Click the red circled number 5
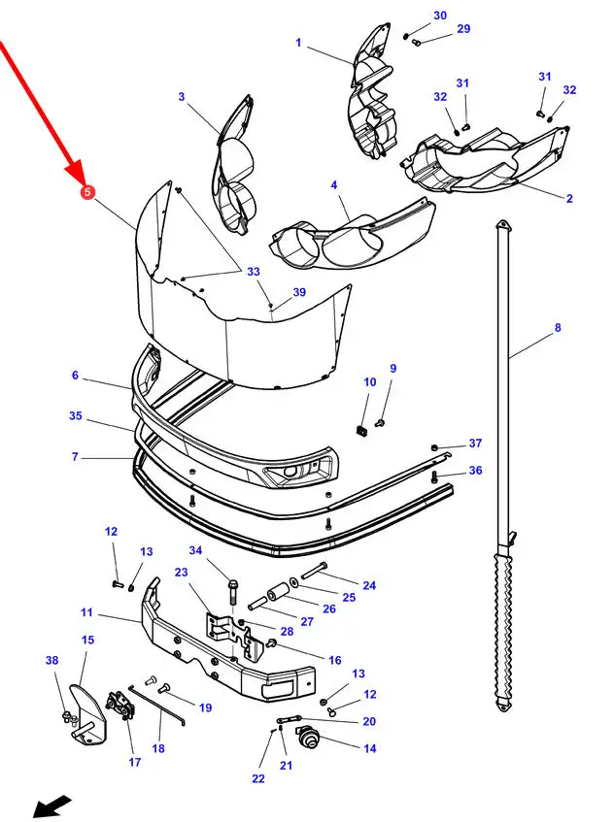point(87,192)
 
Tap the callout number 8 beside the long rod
point(558,328)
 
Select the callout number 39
point(299,292)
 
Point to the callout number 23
point(181,572)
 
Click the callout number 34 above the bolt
point(195,550)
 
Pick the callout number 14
point(370,748)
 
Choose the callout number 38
point(51,660)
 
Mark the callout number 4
point(334,185)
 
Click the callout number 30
point(440,16)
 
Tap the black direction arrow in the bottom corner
point(52,806)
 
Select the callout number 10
point(370,382)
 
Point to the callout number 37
point(475,443)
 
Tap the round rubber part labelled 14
point(306,737)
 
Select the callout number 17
point(135,762)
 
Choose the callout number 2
point(569,198)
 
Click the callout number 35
point(76,415)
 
